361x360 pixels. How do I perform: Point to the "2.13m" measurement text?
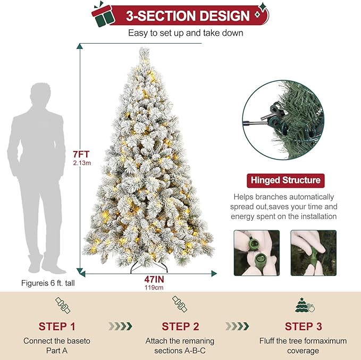(x=81, y=163)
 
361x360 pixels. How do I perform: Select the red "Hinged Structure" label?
(x=285, y=180)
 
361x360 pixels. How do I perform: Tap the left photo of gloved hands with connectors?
(x=257, y=253)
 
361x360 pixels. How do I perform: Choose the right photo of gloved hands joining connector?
(x=313, y=253)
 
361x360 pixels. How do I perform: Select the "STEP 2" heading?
(x=180, y=326)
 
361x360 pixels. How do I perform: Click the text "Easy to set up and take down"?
(x=186, y=33)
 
